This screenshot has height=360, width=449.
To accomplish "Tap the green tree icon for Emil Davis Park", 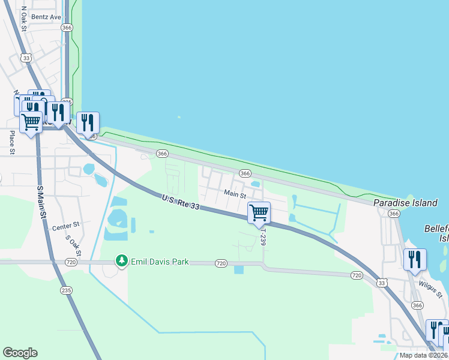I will coord(122,261).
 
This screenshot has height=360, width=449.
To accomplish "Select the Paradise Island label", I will coord(405,203).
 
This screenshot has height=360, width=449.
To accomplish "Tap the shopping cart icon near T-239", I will coord(259,212).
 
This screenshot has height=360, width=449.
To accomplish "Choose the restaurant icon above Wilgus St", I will coord(415,259).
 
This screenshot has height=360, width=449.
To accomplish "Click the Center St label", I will coord(66,226).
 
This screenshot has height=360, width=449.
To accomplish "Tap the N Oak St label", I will coord(24,19).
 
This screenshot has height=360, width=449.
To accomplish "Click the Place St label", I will coord(12,143).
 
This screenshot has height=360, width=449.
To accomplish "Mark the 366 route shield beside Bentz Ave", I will coord(67,28).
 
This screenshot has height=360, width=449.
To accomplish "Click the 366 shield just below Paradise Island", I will coord(393,214).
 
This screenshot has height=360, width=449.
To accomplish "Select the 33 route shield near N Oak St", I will coord(25,57).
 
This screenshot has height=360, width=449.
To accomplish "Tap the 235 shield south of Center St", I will coord(66,290).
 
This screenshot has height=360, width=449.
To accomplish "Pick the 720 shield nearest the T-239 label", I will coord(221,263).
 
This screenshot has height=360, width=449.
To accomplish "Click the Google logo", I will coord(20,353).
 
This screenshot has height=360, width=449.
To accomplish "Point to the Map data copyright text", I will coord(423,355).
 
